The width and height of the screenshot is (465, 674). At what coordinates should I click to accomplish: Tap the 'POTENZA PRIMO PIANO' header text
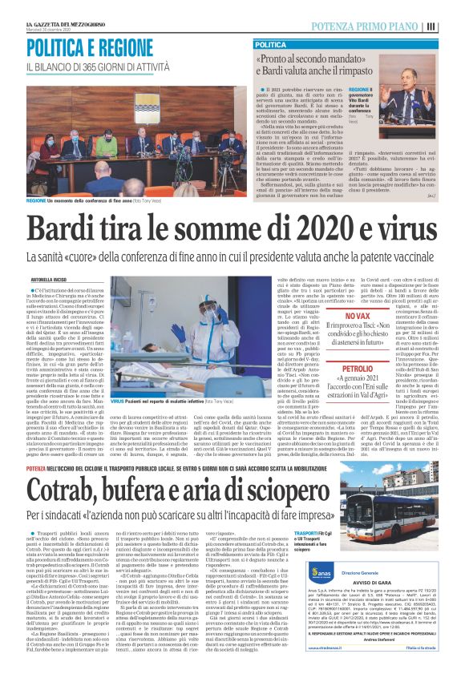click(x=370, y=26)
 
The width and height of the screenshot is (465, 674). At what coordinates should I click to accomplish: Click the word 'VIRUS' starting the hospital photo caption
click(x=117, y=399)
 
